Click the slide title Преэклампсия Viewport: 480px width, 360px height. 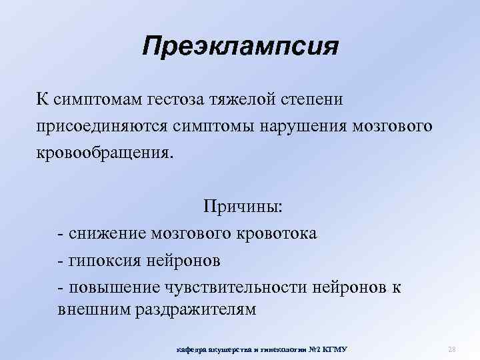(241, 47)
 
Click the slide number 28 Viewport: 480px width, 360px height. (451, 349)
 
